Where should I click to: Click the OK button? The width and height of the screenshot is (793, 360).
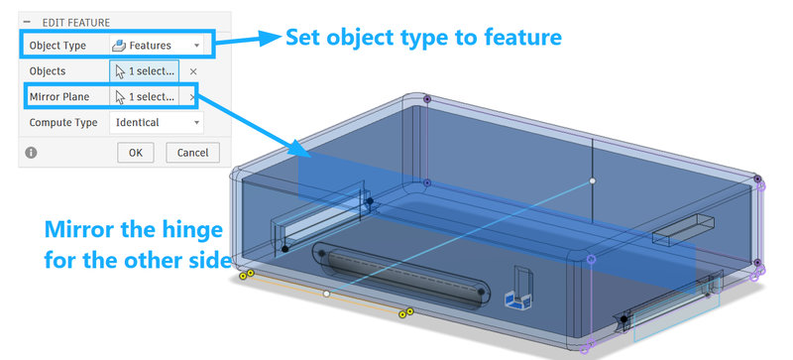(x=136, y=153)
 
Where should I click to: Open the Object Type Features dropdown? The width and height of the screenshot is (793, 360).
(x=157, y=45)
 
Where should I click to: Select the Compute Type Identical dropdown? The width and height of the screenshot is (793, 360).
(x=157, y=123)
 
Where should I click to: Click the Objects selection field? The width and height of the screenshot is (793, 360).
(x=144, y=71)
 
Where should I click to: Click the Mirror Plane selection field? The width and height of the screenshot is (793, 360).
(x=144, y=97)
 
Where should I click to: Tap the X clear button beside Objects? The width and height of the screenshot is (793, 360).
(x=192, y=71)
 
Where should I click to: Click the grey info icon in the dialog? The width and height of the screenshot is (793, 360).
(x=31, y=153)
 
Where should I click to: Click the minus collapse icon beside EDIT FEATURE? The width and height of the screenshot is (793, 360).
(x=27, y=22)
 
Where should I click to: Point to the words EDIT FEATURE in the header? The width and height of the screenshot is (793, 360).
(x=76, y=23)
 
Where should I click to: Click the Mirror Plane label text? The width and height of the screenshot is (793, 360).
(x=58, y=97)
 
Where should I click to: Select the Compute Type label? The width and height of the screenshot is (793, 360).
(x=63, y=123)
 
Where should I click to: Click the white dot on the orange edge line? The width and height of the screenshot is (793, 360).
(x=327, y=294)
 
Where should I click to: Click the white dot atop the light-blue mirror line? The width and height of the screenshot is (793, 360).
(x=592, y=180)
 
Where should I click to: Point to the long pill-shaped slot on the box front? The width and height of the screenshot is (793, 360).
(x=401, y=276)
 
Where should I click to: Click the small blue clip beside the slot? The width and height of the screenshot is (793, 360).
(x=516, y=300)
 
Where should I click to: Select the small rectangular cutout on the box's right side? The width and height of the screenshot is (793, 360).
(x=683, y=229)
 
